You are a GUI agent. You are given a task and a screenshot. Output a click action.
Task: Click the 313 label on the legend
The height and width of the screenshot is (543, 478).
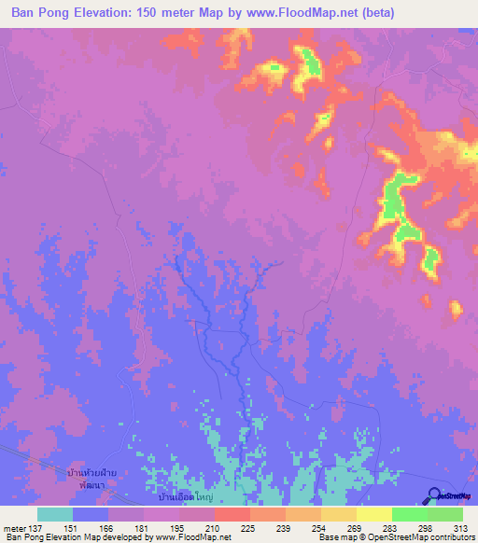point(460,528)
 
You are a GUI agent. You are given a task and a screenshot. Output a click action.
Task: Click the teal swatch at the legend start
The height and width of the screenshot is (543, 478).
point(55,514)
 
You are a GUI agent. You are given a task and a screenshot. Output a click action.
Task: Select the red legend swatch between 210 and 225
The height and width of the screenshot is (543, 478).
point(232,514)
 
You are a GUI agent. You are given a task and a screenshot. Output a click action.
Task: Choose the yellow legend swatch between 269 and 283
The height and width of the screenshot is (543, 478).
point(373,514)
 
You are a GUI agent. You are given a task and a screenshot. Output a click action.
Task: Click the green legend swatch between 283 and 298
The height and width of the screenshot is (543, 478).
point(409,514)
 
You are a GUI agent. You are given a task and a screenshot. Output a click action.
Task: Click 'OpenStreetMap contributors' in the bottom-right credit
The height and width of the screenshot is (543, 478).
point(424,537)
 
